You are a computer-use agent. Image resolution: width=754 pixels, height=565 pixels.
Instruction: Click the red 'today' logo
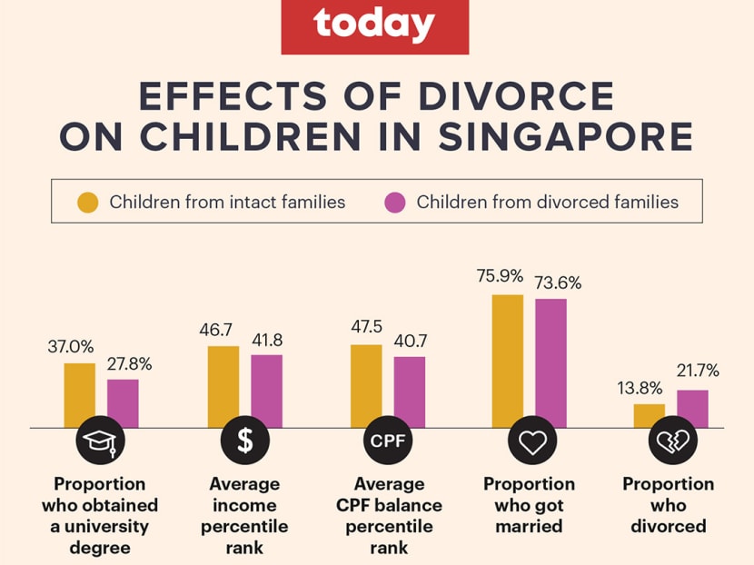375,26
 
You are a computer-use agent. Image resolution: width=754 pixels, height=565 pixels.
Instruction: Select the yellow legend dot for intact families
88,202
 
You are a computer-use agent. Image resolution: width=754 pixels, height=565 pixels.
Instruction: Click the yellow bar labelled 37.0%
80,395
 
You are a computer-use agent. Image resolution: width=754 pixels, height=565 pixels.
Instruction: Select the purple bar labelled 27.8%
123,403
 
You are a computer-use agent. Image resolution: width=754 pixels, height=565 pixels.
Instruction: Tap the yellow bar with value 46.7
223,386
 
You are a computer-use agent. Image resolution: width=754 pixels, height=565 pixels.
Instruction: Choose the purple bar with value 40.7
410,392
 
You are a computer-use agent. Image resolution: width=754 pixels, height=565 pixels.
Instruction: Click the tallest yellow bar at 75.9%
508,361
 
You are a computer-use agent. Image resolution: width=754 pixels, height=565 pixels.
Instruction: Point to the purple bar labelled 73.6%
551,362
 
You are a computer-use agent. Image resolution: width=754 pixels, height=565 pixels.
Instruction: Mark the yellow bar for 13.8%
650,415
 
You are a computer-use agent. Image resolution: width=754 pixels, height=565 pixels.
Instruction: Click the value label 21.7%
698,371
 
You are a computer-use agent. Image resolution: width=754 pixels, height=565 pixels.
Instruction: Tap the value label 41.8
267,341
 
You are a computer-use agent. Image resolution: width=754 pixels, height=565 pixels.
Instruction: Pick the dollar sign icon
245,442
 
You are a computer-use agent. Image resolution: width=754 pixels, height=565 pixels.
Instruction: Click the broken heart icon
673,442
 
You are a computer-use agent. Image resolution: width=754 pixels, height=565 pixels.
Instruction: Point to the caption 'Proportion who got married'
530,505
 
